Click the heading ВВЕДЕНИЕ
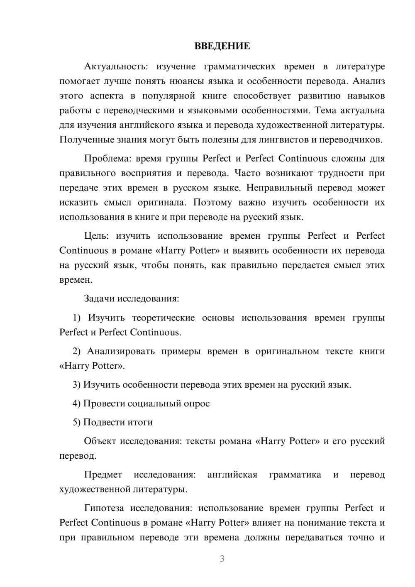(x=222, y=46)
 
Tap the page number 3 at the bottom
(x=222, y=559)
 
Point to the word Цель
(x=96, y=236)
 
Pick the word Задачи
(x=100, y=299)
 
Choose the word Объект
(x=100, y=441)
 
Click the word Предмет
(x=103, y=475)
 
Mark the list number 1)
(x=76, y=318)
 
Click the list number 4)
(x=76, y=404)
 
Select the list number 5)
(x=76, y=423)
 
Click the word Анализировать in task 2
(x=121, y=352)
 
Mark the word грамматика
(x=295, y=475)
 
